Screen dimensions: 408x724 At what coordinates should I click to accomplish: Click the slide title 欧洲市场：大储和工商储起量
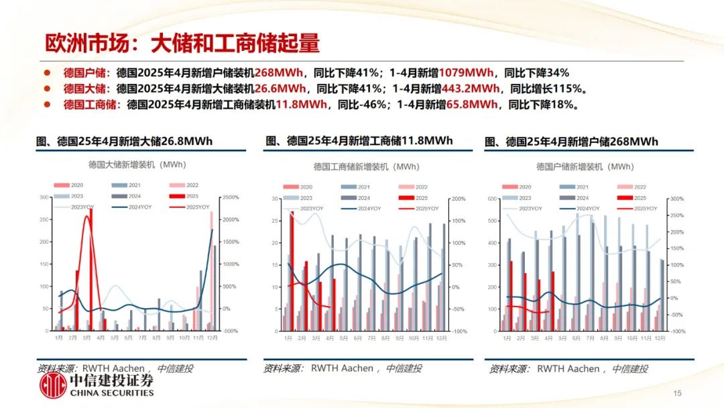(x=182, y=44)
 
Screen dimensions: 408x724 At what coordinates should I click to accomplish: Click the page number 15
(x=677, y=393)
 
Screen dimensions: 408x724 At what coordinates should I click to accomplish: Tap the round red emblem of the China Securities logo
(x=54, y=387)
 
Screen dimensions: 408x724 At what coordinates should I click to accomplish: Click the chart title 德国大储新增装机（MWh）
(x=137, y=164)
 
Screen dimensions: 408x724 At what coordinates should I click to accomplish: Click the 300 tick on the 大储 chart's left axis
(x=45, y=197)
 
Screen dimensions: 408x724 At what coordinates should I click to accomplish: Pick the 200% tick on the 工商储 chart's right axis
(x=459, y=199)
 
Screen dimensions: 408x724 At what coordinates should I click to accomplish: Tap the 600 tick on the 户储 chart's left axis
(x=493, y=199)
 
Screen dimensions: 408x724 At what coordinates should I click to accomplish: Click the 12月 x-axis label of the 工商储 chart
(x=441, y=338)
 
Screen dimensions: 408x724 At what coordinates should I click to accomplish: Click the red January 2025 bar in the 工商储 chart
(x=292, y=272)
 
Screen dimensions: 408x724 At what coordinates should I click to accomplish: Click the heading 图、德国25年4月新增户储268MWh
(x=571, y=142)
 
